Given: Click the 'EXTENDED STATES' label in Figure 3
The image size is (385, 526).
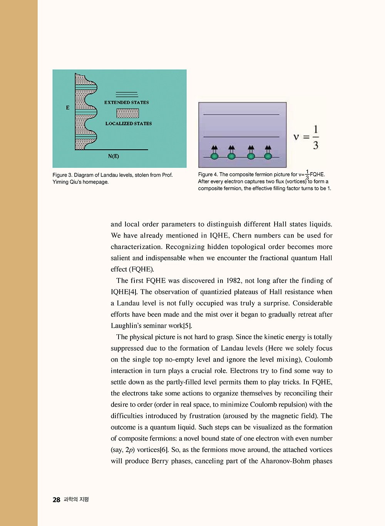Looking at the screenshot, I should click(x=126, y=102).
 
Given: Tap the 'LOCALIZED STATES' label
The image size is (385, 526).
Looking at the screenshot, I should click(x=129, y=124).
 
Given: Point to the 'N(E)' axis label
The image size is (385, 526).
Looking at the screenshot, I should click(x=114, y=156).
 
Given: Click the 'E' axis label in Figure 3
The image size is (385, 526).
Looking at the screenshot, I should click(x=68, y=108).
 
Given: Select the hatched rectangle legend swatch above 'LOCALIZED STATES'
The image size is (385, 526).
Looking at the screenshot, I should click(x=127, y=113).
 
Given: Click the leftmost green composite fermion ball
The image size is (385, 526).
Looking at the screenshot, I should click(x=214, y=156).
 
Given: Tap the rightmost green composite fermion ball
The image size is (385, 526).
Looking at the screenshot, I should click(x=268, y=156).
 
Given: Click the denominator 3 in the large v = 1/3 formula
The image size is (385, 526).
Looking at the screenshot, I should click(x=316, y=145).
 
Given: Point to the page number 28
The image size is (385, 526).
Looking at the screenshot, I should click(x=57, y=500).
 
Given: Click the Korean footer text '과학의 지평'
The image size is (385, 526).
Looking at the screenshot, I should click(x=76, y=499).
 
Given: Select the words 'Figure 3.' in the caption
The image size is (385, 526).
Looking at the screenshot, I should click(x=62, y=175).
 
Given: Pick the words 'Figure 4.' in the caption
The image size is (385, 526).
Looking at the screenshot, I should click(x=208, y=174).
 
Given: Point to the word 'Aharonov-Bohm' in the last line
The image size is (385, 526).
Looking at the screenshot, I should click(x=285, y=461).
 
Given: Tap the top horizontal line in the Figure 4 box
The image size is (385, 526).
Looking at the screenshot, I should click(x=241, y=114).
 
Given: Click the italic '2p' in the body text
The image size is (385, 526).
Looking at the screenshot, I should click(x=130, y=450).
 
